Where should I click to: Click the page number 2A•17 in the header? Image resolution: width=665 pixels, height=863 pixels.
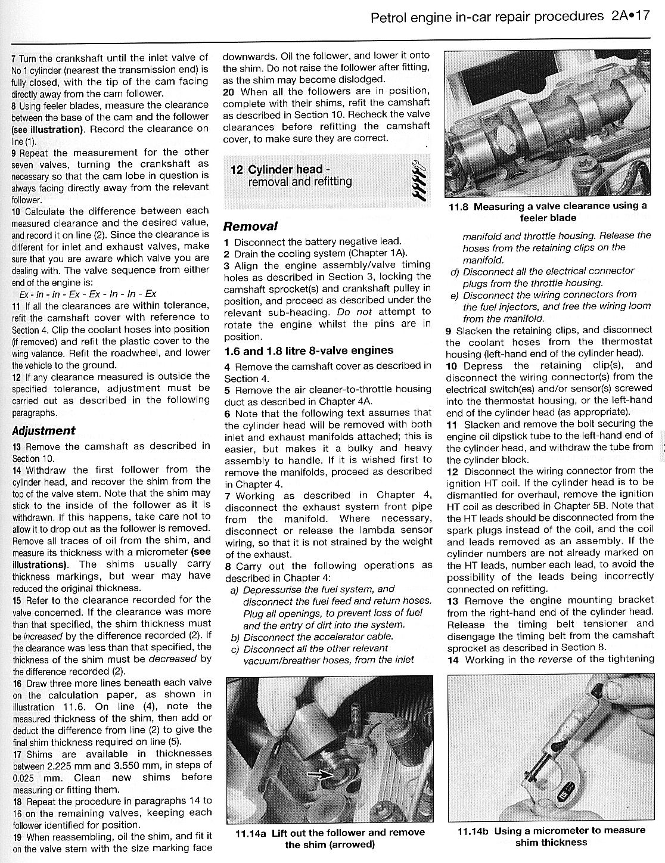(629, 17)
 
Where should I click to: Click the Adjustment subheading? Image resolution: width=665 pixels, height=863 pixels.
(43, 431)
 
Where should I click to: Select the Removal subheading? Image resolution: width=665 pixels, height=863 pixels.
(250, 226)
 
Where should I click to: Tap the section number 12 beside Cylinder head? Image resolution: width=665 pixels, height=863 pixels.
(237, 170)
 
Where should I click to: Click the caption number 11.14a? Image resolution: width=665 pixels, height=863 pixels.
(248, 833)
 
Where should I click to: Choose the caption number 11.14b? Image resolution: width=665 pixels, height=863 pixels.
(473, 831)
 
